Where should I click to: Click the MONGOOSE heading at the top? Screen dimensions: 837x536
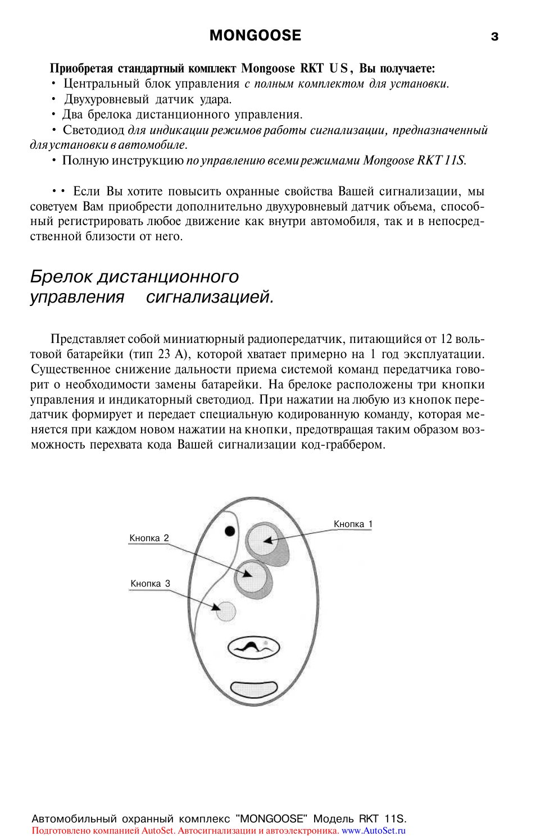[x=255, y=35]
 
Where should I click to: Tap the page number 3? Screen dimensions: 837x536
[x=494, y=37]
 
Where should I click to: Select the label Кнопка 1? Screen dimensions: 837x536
[x=353, y=524]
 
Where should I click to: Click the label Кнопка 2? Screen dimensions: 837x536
[x=149, y=538]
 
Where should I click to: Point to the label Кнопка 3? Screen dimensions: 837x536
[x=150, y=583]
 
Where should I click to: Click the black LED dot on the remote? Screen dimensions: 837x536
[x=230, y=530]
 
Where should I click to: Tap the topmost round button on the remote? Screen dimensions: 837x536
[x=263, y=539]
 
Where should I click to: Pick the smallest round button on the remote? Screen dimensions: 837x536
[x=226, y=611]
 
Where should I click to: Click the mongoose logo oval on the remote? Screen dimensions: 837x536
[x=253, y=647]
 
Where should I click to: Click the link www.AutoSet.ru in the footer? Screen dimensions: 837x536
[x=373, y=830]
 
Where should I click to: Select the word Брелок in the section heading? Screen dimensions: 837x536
[x=61, y=276]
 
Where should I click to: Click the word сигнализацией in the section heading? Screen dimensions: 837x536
[x=209, y=296]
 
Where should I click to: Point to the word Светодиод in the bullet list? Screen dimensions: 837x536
[x=93, y=130]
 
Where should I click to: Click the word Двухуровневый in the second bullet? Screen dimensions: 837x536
[x=106, y=99]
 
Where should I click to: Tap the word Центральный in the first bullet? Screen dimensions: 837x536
[x=101, y=84]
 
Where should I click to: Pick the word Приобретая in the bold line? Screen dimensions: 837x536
[x=81, y=68]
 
